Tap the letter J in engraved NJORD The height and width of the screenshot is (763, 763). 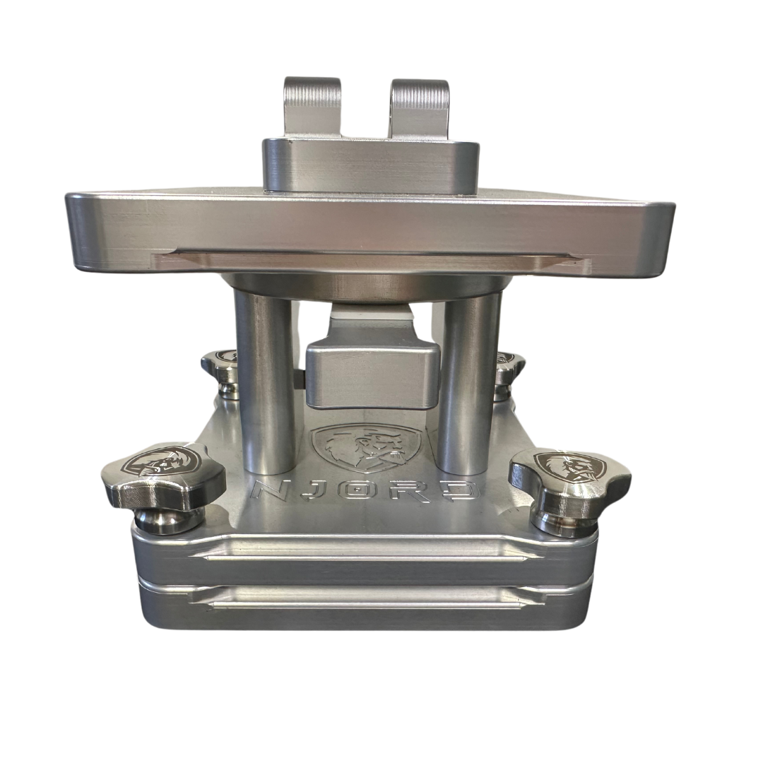point(313,491)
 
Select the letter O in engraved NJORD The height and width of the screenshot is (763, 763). point(353,491)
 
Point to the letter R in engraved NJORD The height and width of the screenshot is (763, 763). point(397,491)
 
